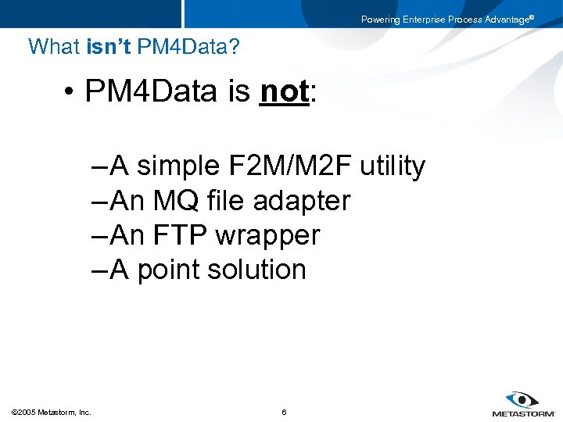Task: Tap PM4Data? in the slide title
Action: click(x=188, y=47)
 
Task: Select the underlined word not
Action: click(x=285, y=91)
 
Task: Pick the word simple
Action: click(x=179, y=166)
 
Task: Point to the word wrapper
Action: click(x=267, y=236)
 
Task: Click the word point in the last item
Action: click(x=168, y=270)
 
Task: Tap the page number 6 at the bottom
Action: click(x=284, y=412)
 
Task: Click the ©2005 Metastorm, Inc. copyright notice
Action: click(x=51, y=412)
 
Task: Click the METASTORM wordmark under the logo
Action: click(x=523, y=413)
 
